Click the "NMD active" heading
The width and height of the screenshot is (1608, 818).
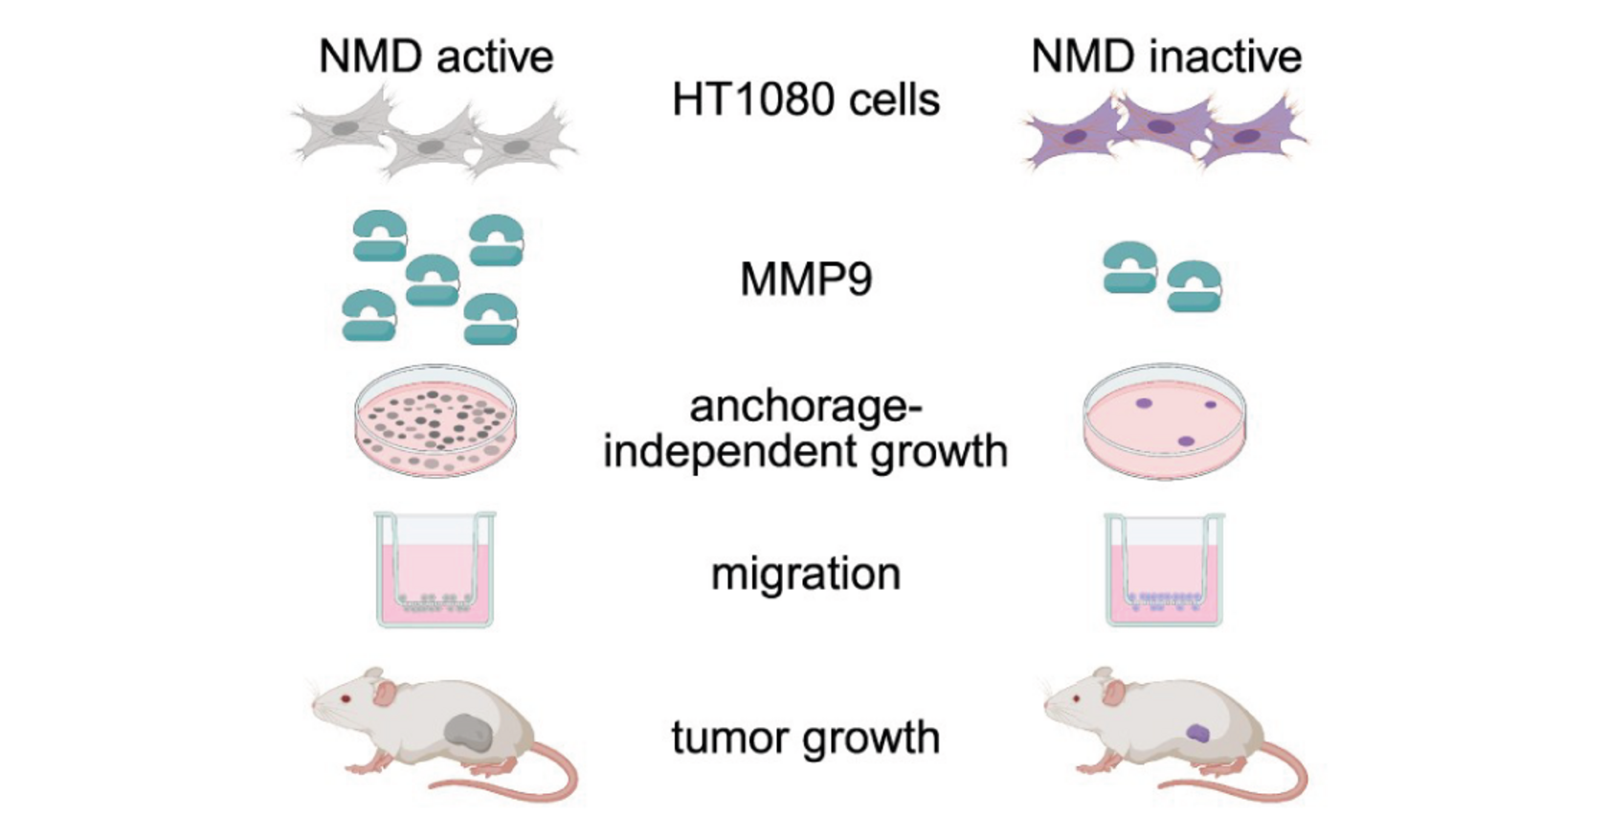click(435, 57)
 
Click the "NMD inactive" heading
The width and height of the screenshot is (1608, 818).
click(1166, 57)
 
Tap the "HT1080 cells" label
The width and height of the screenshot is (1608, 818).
click(806, 100)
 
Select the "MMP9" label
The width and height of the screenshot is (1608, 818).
click(806, 280)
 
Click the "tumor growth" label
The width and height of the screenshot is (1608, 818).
click(806, 738)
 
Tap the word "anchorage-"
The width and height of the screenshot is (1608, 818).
click(806, 407)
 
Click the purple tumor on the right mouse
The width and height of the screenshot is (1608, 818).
click(1197, 734)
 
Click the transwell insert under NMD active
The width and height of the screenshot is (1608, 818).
click(435, 569)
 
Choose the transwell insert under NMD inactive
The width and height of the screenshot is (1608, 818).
click(1165, 569)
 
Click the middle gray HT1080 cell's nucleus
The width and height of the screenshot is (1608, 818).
click(432, 147)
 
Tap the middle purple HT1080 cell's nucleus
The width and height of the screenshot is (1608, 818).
click(1162, 126)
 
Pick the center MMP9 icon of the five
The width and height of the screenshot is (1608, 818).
click(433, 280)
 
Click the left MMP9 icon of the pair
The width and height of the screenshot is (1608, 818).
click(1130, 267)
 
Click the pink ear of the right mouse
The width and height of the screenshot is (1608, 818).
click(1113, 693)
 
